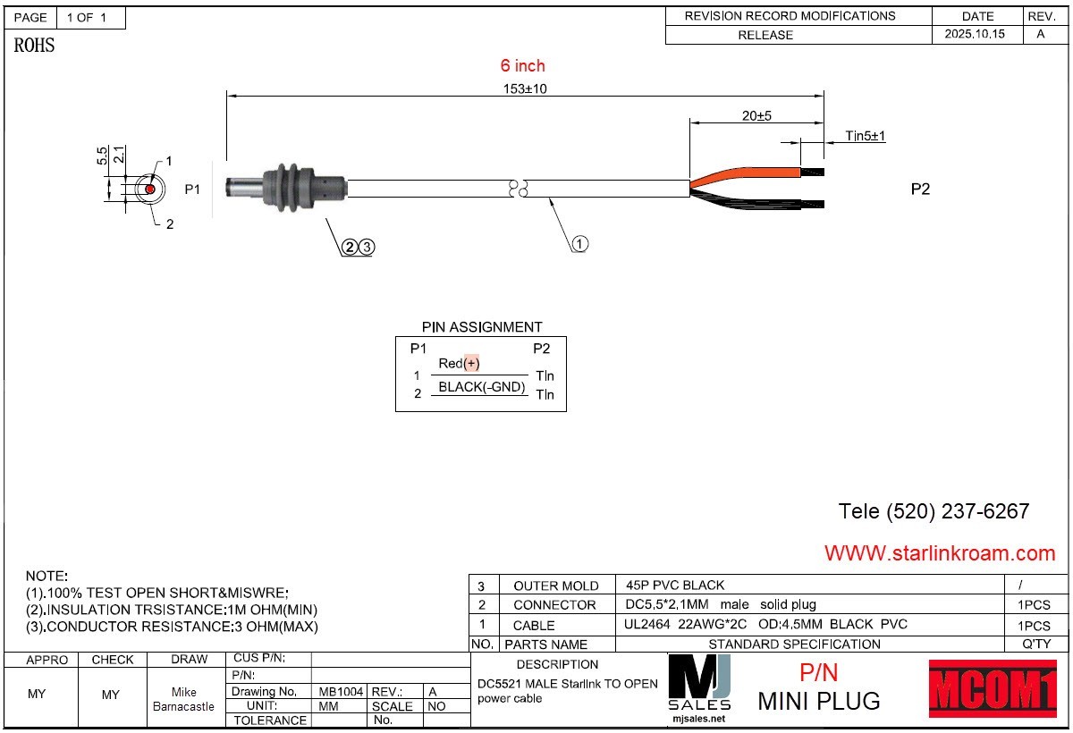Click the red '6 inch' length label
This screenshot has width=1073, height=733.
(x=522, y=65)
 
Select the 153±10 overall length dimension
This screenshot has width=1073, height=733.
(x=525, y=88)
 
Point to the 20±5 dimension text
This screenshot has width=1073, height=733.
(x=756, y=116)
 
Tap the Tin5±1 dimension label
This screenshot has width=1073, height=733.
(x=866, y=136)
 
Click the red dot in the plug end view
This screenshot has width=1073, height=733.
(x=150, y=190)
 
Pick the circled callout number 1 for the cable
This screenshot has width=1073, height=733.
(x=579, y=244)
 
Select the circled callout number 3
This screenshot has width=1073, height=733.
(x=367, y=247)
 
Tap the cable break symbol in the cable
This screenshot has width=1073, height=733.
(x=518, y=188)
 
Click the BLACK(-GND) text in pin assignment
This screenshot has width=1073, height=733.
(x=481, y=387)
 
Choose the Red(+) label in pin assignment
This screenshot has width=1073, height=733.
(x=459, y=364)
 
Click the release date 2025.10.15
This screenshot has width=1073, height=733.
(x=975, y=34)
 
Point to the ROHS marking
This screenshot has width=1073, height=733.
(x=34, y=46)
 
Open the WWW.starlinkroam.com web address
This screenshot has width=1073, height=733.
(x=940, y=553)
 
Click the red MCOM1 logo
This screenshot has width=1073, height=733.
(x=993, y=688)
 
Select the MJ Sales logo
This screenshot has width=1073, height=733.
(x=699, y=688)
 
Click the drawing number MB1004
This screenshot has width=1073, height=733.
(x=341, y=691)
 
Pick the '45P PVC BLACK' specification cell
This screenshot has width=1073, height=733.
(x=675, y=586)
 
